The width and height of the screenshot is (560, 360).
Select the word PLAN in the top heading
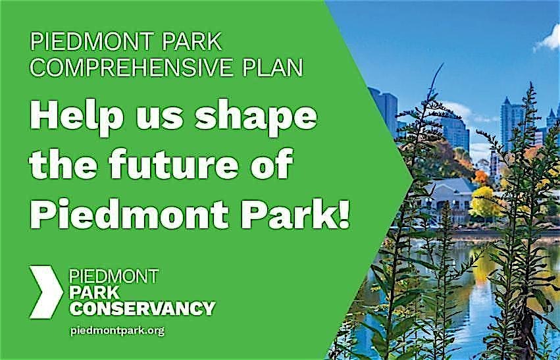pyautogui.click(x=272, y=68)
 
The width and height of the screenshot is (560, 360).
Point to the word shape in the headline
pyautogui.click(x=255, y=119)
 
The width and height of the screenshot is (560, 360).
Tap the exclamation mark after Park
pyautogui.click(x=344, y=212)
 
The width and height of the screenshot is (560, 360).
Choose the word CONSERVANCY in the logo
pyautogui.click(x=143, y=308)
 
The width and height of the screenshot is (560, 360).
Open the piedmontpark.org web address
pyautogui.click(x=118, y=331)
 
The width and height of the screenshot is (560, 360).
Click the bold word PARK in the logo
pyautogui.click(x=94, y=292)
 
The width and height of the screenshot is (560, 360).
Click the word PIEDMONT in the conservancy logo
pyautogui.click(x=114, y=276)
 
